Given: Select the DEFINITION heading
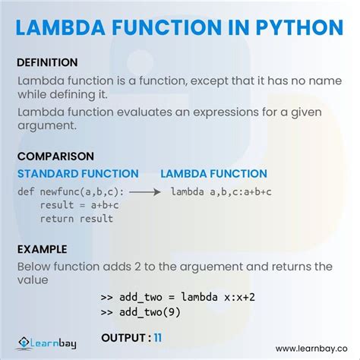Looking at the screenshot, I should coord(47,62).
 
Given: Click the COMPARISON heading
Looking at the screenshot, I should coord(55,156).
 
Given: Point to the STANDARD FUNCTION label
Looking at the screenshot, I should coord(77,174).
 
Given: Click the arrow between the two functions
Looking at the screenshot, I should coord(146,192).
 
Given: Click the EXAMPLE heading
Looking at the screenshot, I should coord(43,249).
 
